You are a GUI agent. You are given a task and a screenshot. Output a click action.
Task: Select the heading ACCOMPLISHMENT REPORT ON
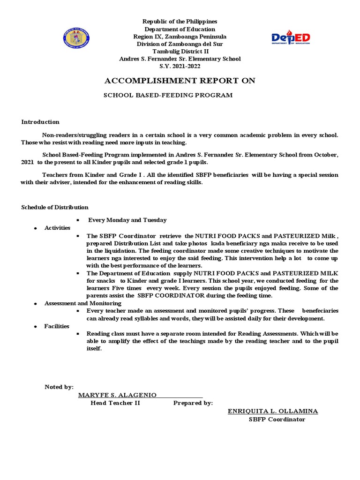tap(180, 81)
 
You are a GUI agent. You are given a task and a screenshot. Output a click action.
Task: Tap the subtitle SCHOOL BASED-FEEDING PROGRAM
tap(168, 95)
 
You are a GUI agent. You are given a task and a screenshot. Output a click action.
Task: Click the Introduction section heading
tap(40, 122)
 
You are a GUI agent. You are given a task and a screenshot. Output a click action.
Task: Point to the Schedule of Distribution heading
tap(55, 207)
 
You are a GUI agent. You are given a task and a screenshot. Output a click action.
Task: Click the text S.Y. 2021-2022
tap(180, 66)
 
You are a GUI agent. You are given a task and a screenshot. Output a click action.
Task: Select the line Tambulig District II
tap(180, 51)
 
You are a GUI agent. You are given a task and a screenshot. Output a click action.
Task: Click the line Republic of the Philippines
tap(180, 22)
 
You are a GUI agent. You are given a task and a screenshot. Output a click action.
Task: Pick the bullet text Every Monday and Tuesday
tap(127, 220)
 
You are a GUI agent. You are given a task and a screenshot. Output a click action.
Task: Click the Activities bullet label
tap(57, 228)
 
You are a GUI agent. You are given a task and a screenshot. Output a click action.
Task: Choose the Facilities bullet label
tap(57, 326)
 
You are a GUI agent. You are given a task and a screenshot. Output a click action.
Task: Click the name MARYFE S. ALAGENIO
tap(118, 395)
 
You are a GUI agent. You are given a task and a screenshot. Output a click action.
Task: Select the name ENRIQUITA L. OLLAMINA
tap(273, 411)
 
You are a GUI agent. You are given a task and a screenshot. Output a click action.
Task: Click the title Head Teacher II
tap(115, 403)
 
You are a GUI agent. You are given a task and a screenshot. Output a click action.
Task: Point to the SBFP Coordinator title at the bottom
tap(277, 420)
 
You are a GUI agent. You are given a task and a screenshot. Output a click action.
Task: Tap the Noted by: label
tap(59, 387)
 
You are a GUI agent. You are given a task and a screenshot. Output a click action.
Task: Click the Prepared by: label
tap(193, 403)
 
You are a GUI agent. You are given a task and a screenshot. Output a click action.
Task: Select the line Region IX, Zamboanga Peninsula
tap(180, 37)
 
